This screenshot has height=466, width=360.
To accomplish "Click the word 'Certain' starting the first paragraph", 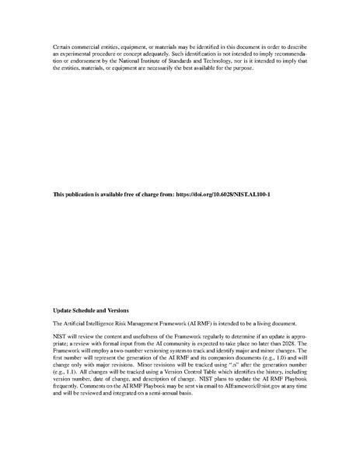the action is (62, 47).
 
